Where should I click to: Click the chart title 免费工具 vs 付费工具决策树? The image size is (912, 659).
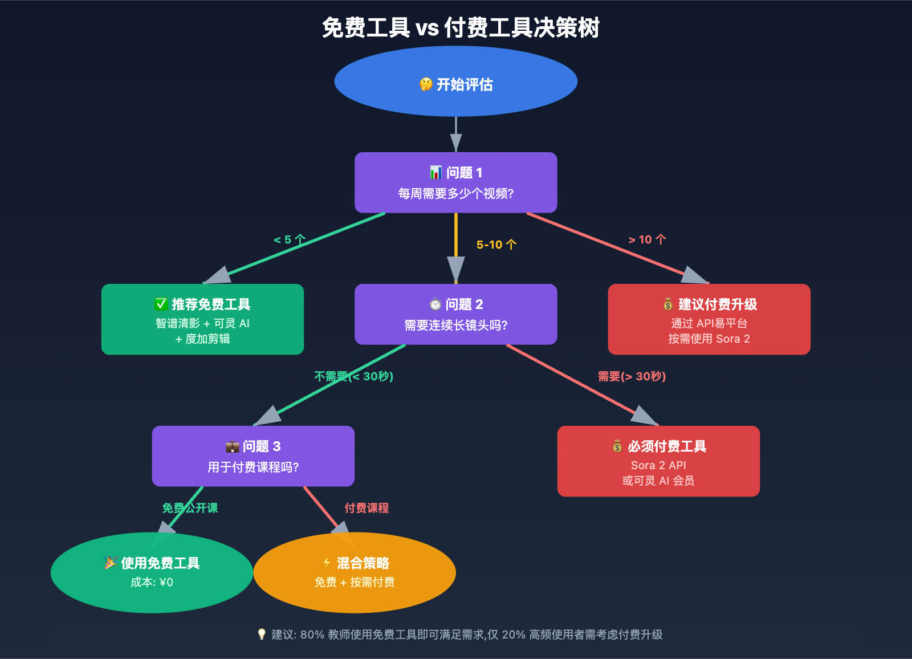click(x=461, y=27)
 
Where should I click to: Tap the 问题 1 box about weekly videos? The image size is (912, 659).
click(x=455, y=182)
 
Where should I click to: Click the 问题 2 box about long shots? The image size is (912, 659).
click(x=455, y=314)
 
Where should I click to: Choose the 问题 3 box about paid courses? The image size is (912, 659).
click(x=253, y=456)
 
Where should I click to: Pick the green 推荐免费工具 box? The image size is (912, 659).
click(x=202, y=319)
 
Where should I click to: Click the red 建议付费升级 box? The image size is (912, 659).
click(x=709, y=319)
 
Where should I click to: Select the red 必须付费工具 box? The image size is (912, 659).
click(x=658, y=461)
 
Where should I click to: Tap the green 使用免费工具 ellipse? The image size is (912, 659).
click(x=152, y=572)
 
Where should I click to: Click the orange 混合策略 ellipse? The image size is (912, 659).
click(x=355, y=572)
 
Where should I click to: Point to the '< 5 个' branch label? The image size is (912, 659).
click(x=290, y=240)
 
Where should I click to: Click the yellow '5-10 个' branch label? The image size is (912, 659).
click(x=496, y=245)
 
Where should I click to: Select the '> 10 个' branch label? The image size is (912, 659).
click(x=647, y=240)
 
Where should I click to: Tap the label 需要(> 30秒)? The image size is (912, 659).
click(x=632, y=376)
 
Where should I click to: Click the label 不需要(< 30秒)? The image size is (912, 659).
click(x=353, y=376)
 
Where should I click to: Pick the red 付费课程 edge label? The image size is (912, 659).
click(x=367, y=508)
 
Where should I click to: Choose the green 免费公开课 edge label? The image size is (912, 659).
click(x=190, y=508)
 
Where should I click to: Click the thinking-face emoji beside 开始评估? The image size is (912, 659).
click(x=426, y=84)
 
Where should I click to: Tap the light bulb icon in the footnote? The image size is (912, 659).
click(x=262, y=634)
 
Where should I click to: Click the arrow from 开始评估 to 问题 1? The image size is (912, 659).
click(x=455, y=135)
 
